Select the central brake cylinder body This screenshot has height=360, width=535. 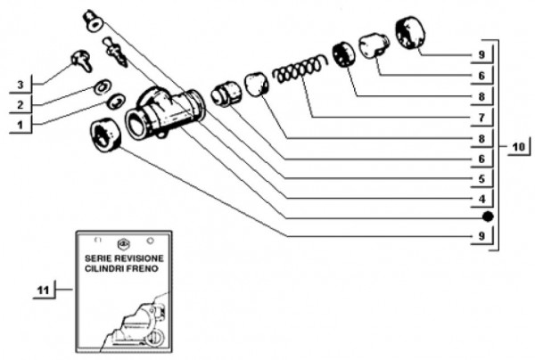click(164, 113)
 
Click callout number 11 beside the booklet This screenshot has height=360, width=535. click(42, 290)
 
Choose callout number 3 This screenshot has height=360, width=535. click(19, 86)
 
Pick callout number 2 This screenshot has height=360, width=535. click(19, 106)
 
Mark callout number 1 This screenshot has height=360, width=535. click(19, 126)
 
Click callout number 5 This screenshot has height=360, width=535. click(480, 177)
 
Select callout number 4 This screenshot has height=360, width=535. click(480, 197)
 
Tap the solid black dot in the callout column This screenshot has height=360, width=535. click(487, 217)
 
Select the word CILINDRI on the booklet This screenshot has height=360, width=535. click(106, 267)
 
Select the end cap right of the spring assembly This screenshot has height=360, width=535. click(409, 33)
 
